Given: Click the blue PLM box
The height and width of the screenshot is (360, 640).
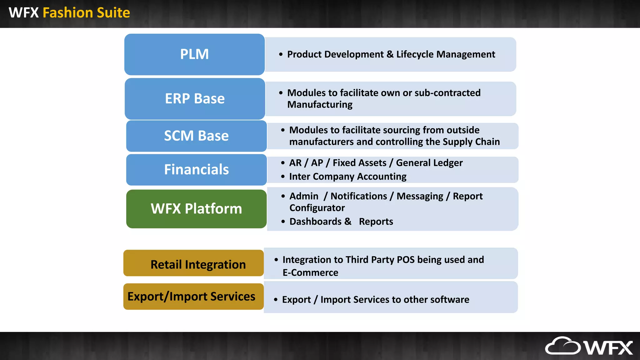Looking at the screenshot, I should click(x=194, y=54).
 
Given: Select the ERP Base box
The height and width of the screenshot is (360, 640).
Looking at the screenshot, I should click(x=195, y=99).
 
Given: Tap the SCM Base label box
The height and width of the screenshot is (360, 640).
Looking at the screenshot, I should click(x=196, y=136).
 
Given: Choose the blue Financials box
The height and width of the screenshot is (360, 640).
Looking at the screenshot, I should click(x=196, y=170).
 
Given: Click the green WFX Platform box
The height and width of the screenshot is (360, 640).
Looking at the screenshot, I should click(x=196, y=209).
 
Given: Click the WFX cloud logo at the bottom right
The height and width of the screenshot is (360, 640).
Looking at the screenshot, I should click(x=589, y=346).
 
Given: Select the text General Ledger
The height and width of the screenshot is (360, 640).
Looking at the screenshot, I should click(x=429, y=163).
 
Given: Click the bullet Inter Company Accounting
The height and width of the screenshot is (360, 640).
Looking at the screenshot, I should click(x=347, y=177).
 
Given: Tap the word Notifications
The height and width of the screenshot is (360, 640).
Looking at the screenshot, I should click(x=358, y=196).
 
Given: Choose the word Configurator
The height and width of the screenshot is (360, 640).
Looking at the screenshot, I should click(x=317, y=208).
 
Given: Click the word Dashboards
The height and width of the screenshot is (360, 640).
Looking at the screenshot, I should click(x=315, y=222).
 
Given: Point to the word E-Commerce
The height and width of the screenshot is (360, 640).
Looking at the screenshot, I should click(x=310, y=272).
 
